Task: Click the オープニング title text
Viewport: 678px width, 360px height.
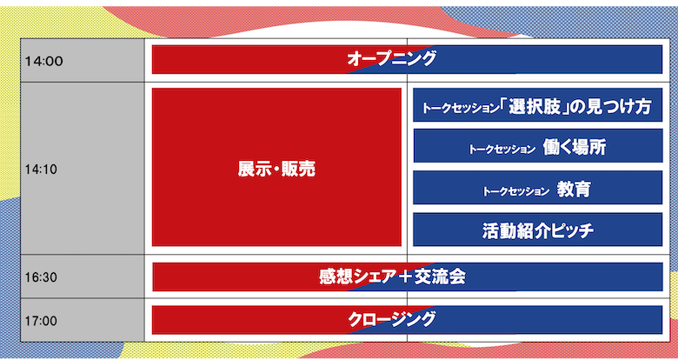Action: click(391, 59)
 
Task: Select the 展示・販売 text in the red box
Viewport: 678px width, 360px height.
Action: click(276, 170)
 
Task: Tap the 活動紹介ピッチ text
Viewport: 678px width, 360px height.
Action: click(537, 230)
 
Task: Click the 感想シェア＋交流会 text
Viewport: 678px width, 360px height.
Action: click(392, 277)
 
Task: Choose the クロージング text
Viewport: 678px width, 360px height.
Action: click(391, 319)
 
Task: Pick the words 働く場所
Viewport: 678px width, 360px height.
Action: click(574, 147)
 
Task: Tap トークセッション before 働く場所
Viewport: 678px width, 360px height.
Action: click(502, 149)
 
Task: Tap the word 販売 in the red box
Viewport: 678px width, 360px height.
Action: click(299, 170)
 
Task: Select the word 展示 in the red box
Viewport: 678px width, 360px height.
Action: click(252, 170)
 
